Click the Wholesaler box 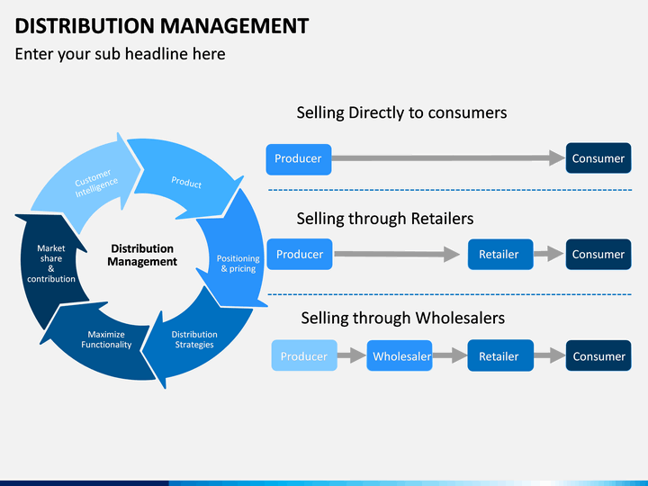click(x=400, y=355)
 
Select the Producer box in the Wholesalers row click(x=304, y=355)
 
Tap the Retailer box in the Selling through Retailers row click(x=500, y=254)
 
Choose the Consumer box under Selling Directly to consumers click(x=598, y=158)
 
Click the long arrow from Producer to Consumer click(x=448, y=157)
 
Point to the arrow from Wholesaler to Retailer click(x=450, y=355)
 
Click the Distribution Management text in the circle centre click(x=142, y=255)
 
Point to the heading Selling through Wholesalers click(x=403, y=319)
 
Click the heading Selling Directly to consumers click(x=401, y=112)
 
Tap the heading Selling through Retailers click(x=385, y=219)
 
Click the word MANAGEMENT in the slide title click(x=235, y=25)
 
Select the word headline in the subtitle click(x=157, y=54)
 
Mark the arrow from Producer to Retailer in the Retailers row click(x=397, y=254)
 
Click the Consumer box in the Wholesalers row click(x=598, y=355)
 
